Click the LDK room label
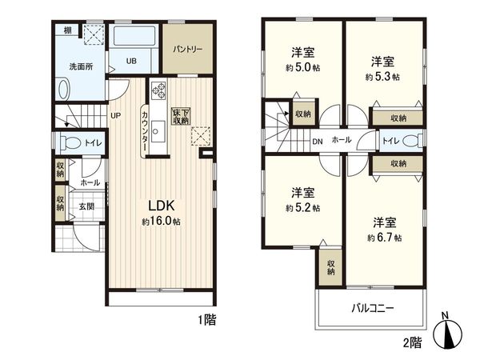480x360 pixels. click(161, 203)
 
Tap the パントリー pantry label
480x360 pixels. click(189, 49)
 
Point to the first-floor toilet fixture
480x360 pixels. click(70, 143)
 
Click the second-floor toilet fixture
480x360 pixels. click(410, 141)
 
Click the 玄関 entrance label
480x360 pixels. click(86, 206)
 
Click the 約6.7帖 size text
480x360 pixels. click(384, 238)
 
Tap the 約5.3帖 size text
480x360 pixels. click(382, 78)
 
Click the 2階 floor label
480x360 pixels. click(410, 343)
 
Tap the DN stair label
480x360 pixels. click(317, 142)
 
